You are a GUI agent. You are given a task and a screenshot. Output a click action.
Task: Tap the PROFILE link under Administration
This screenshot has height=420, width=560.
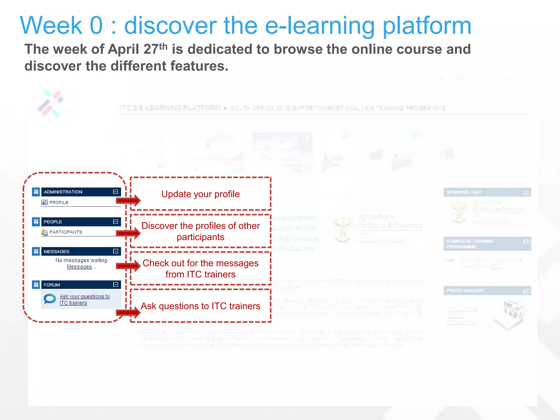click(x=59, y=202)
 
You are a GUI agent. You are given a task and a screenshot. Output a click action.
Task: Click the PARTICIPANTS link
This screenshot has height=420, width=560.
click(x=65, y=232)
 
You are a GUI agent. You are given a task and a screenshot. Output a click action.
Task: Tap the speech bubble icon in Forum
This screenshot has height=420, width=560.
click(x=50, y=299)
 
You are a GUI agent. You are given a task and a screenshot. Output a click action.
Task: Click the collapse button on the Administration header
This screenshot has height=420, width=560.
click(x=115, y=192)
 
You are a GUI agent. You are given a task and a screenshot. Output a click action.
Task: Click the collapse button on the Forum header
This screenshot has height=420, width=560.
click(x=115, y=285)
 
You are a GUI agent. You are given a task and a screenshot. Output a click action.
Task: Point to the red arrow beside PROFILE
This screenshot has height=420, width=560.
click(x=129, y=201)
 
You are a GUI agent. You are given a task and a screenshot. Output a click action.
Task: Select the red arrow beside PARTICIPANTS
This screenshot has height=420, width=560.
click(x=129, y=233)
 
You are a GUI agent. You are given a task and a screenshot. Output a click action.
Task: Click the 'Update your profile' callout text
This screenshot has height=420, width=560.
click(x=200, y=194)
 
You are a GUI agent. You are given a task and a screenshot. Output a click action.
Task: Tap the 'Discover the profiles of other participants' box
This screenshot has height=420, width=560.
click(x=200, y=231)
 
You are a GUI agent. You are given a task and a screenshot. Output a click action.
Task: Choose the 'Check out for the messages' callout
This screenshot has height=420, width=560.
click(x=200, y=269)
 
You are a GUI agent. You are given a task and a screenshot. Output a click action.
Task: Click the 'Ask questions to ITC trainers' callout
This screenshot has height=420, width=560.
click(x=200, y=306)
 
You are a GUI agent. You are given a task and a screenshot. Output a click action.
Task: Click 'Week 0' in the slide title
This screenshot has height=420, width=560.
click(x=61, y=25)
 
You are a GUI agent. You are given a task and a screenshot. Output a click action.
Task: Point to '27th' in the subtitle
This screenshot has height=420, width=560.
click(x=155, y=49)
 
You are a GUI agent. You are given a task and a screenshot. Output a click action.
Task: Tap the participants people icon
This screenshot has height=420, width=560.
click(x=45, y=232)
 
